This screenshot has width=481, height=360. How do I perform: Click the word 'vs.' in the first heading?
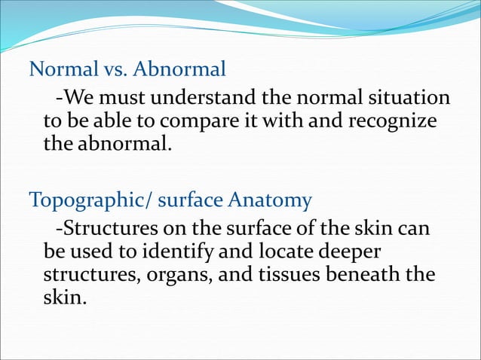[x=113, y=70]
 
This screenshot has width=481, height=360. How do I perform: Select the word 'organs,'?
[x=182, y=274]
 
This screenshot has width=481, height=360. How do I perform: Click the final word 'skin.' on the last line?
[x=65, y=297]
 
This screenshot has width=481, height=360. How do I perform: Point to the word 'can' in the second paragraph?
[x=414, y=227]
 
